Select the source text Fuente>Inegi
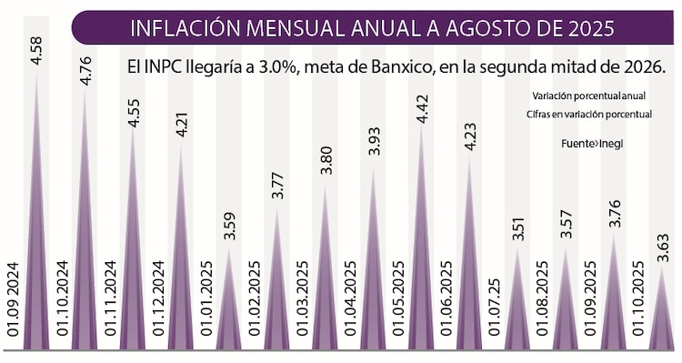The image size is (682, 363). click(592, 144)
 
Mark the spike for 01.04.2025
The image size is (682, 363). click(373, 273)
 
